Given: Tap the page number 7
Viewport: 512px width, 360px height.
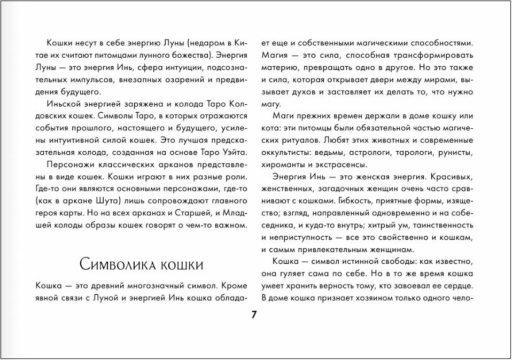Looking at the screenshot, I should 254,315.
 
